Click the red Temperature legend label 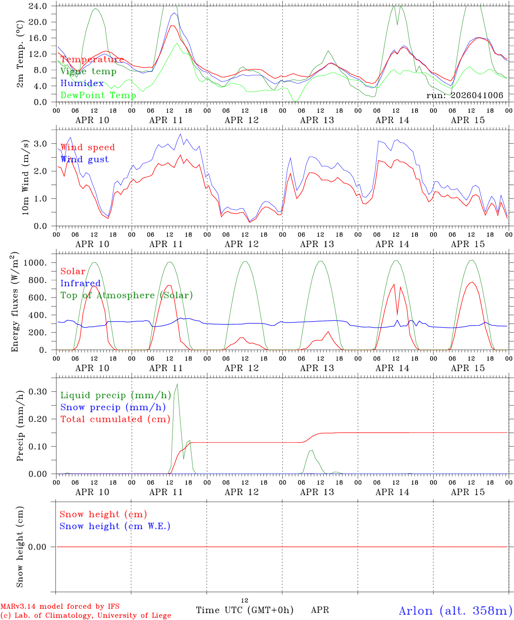click(x=92, y=59)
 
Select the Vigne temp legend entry click(x=88, y=71)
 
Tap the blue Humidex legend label click(x=82, y=84)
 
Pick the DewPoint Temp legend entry click(x=98, y=95)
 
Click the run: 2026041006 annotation click(x=464, y=95)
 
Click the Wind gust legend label click(x=85, y=159)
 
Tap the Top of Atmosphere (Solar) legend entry click(x=127, y=295)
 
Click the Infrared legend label click(x=81, y=283)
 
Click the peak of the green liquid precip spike click(x=177, y=384)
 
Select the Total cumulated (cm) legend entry click(x=115, y=419)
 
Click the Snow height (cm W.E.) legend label click(x=115, y=526)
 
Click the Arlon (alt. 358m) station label click(x=455, y=611)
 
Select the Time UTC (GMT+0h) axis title click(x=245, y=610)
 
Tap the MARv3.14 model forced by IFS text click(x=60, y=606)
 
